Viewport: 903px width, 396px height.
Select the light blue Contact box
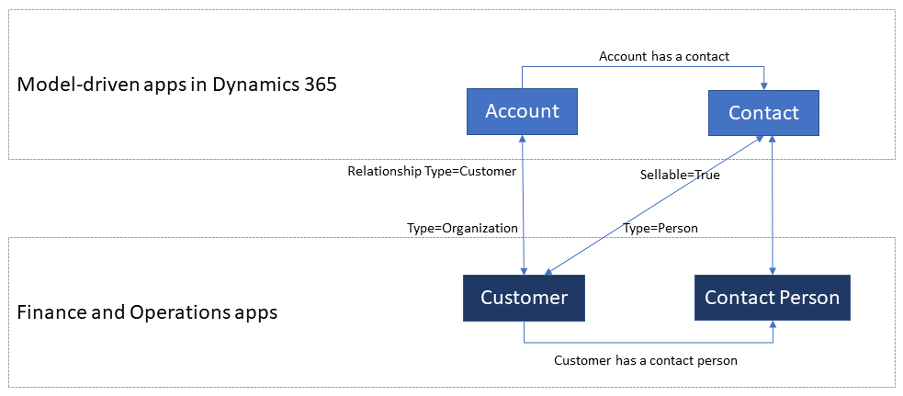point(763,112)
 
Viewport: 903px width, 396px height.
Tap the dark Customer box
point(524,298)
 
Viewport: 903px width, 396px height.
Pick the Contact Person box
point(772,298)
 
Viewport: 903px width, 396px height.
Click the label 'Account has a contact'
point(664,56)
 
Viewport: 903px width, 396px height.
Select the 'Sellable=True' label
point(680,175)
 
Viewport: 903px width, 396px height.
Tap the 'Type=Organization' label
point(462,228)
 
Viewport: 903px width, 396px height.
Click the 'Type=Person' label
point(660,228)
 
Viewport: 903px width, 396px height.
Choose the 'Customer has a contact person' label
point(646,361)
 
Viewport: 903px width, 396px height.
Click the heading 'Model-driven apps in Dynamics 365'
point(176,85)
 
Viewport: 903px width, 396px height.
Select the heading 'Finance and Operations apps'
point(148,313)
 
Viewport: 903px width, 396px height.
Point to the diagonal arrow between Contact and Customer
point(654,205)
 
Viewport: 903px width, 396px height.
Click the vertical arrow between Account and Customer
point(523,204)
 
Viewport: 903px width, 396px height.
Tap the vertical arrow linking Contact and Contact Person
point(772,205)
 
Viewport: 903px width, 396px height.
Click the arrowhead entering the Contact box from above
point(764,85)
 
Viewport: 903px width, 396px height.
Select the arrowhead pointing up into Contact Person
point(772,325)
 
